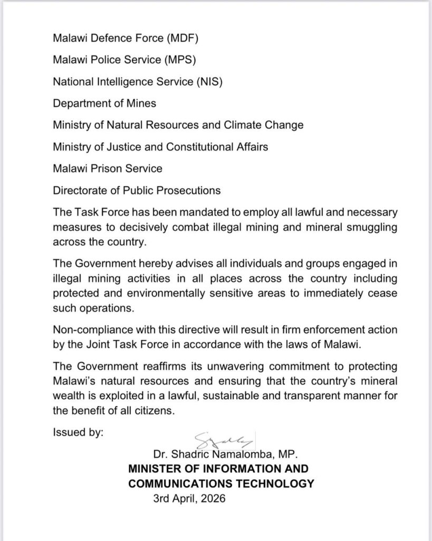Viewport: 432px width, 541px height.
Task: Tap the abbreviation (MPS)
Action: (x=179, y=60)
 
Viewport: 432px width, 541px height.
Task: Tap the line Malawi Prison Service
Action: (x=108, y=169)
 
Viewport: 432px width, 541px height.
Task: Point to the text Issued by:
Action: (x=78, y=433)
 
